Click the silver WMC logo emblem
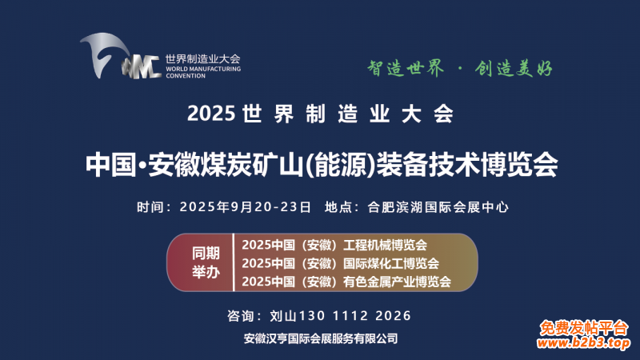tap(121, 56)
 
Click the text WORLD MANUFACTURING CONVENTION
tap(203, 72)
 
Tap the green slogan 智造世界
tap(406, 68)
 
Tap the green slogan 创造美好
tap(514, 68)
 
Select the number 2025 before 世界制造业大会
tap(211, 114)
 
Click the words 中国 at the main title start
tap(110, 165)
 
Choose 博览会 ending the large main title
tap(519, 165)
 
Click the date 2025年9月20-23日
tap(246, 207)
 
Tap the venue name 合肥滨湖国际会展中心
tap(438, 207)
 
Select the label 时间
tap(150, 207)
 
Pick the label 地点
tap(338, 207)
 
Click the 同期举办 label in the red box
tap(206, 262)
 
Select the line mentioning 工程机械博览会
tap(334, 245)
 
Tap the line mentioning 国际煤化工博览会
tap(341, 263)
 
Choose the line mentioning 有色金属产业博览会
tap(346, 282)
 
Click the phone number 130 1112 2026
tap(355, 315)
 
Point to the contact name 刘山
tap(283, 315)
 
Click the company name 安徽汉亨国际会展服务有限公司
tap(321, 338)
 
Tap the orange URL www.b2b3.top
tap(583, 342)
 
